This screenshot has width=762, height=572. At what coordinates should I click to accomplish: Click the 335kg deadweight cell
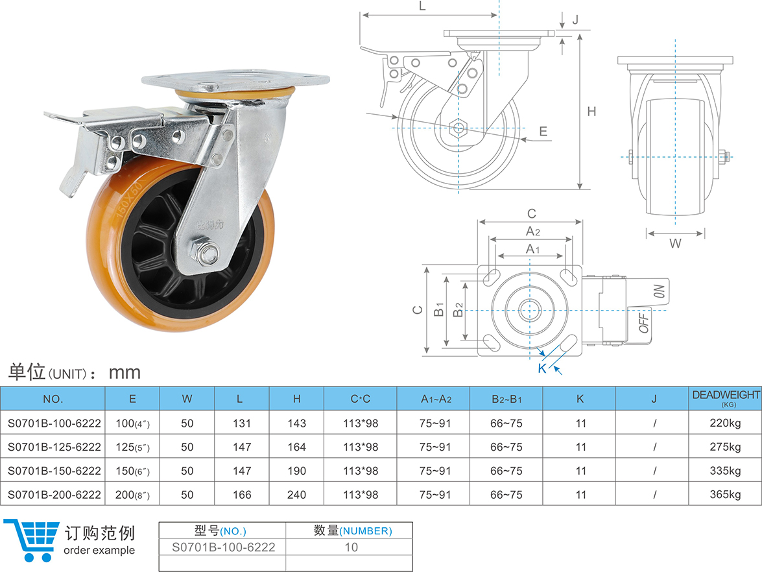[x=725, y=471]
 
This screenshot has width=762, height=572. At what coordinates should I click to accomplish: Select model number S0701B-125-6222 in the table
[x=54, y=447]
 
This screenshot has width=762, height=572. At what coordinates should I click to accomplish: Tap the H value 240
[x=296, y=495]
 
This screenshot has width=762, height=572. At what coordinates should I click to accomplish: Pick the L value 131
[x=241, y=423]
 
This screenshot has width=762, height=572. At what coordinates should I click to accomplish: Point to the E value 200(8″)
[x=132, y=495]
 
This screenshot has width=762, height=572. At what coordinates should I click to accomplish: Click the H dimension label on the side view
[x=591, y=112]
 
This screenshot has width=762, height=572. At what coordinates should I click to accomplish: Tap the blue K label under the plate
[x=542, y=369]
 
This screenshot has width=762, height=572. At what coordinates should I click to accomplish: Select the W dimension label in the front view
[x=675, y=244]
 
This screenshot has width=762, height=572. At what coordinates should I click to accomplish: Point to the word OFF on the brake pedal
[x=645, y=322]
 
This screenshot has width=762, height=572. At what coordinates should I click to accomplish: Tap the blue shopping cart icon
[x=30, y=538]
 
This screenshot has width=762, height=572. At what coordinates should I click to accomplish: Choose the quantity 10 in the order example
[x=351, y=547]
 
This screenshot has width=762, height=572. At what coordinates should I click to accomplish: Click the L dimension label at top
[x=422, y=6]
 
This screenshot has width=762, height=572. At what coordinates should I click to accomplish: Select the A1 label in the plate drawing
[x=532, y=249]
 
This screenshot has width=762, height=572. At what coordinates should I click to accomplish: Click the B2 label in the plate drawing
[x=458, y=311]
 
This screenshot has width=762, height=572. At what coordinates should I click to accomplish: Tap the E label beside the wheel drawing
[x=543, y=132]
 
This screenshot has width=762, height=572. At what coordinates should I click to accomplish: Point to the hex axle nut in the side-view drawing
[x=459, y=128]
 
